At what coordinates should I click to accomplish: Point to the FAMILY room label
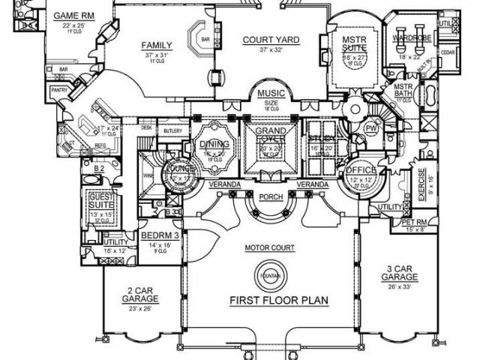point(157,46)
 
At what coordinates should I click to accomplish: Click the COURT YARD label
point(271,40)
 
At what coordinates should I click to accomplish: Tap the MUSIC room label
point(271,94)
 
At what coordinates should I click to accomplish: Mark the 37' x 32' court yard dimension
point(271,49)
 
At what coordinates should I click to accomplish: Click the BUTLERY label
point(173,130)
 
